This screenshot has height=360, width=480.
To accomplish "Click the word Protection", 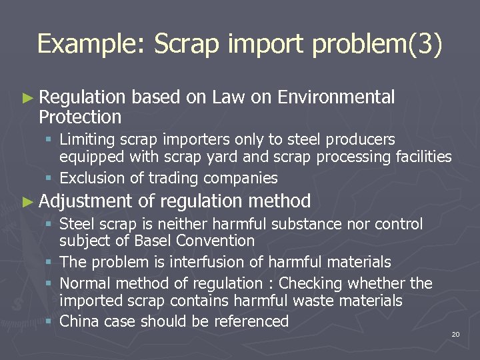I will tap(80, 117).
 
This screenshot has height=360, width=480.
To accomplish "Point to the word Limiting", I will tap(86, 139).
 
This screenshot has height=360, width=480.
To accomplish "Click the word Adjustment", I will tap(86, 201).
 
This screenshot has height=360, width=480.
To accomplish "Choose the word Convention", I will tap(217, 241).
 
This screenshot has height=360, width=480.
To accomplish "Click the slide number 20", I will tap(455, 334).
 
